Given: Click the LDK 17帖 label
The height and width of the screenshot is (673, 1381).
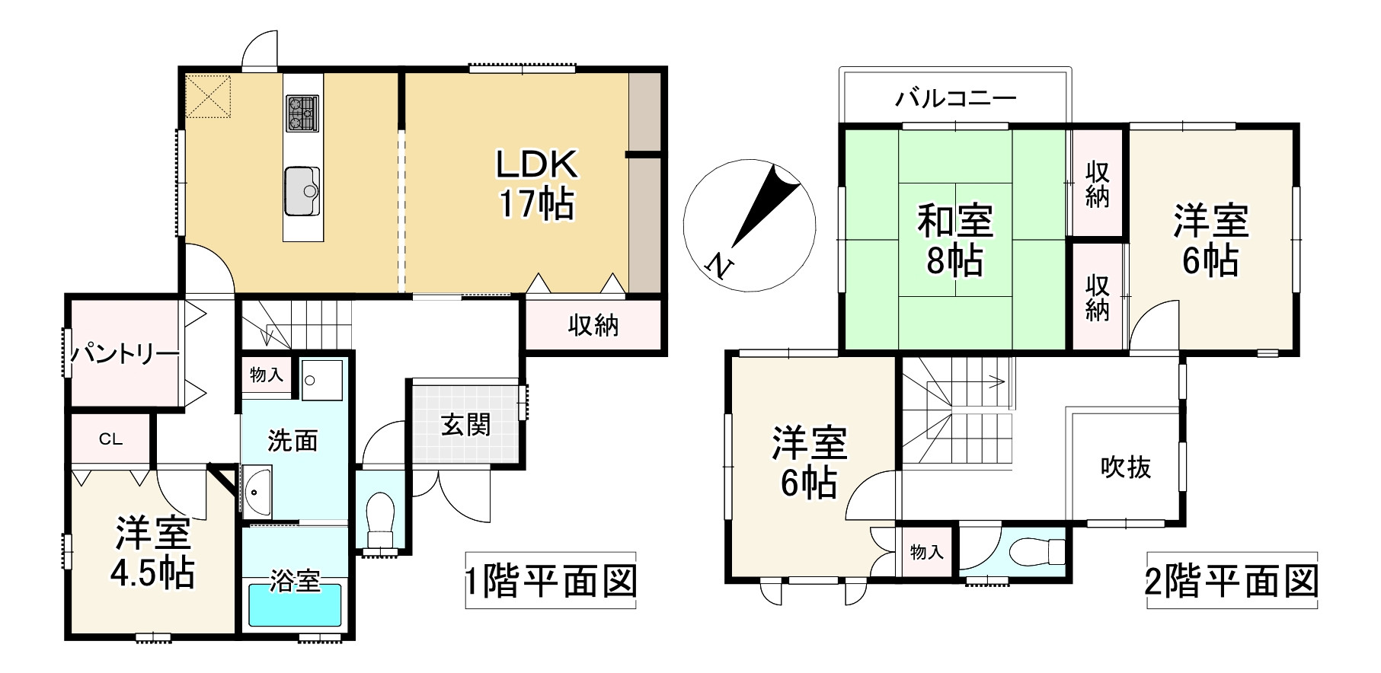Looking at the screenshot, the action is pos(537,183).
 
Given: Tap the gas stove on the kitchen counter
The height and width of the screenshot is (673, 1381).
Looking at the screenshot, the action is pos(302,113).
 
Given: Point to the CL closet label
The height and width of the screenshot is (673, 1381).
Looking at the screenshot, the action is pos(111,439).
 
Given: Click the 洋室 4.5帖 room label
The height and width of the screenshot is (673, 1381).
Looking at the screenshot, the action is pos(154,553).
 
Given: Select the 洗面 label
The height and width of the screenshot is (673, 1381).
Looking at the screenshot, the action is pos(293,440).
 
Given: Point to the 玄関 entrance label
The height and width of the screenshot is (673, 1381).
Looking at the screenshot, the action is pos(466,424).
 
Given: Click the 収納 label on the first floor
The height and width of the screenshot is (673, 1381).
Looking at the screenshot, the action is pos(593,326).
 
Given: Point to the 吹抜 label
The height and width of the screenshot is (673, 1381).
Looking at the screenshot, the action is pos(1126,467).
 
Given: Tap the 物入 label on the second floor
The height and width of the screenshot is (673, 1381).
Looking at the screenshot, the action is pos(927,552).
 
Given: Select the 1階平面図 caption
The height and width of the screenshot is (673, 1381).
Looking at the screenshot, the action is pos(551,582).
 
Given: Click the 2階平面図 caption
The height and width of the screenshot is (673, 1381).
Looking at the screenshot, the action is pos(1232,582).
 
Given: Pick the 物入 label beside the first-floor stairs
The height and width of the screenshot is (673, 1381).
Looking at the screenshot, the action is pos(266,375).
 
